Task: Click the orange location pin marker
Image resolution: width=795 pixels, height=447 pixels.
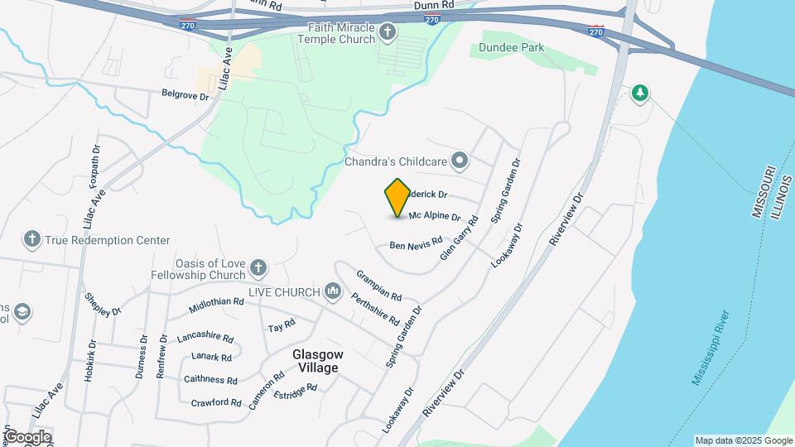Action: point(397,198)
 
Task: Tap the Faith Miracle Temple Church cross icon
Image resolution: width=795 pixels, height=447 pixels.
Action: point(388,32)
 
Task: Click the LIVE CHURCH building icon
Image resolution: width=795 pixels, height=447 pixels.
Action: point(333,291)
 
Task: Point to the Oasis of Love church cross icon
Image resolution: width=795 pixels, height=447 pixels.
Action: point(258,267)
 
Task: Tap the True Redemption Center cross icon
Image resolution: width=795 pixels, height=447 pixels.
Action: point(32,240)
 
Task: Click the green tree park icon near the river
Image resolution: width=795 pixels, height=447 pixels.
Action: point(638,94)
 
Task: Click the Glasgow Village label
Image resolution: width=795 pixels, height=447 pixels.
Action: point(316,360)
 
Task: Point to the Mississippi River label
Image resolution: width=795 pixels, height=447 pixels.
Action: point(711,348)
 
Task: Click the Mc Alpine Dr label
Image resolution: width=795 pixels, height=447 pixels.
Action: point(434,216)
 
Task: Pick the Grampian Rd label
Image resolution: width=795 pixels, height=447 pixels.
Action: point(379,285)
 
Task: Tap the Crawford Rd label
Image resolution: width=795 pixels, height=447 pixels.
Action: point(215,403)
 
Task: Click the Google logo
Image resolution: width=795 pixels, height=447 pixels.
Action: point(27,437)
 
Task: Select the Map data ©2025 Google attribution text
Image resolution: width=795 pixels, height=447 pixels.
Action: point(744,440)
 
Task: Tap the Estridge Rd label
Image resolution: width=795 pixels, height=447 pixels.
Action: point(295,388)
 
